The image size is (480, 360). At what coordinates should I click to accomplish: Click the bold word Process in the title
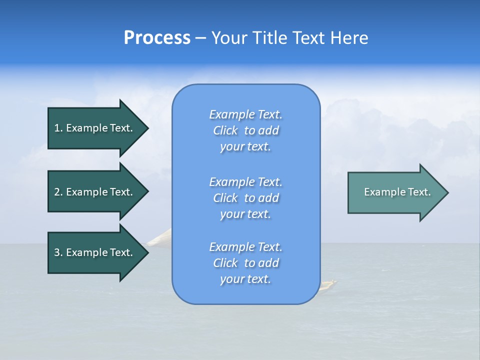tap(157, 38)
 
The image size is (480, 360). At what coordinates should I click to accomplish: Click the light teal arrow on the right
tap(395, 192)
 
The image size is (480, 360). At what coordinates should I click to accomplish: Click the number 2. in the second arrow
tap(58, 192)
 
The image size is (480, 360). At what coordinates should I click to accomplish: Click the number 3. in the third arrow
tap(58, 252)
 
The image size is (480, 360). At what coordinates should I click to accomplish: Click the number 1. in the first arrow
tap(58, 128)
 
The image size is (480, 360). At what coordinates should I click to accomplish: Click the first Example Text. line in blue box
tap(245, 114)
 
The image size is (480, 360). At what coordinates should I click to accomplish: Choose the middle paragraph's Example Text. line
tap(245, 181)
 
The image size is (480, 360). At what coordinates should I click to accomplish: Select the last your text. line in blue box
tap(245, 279)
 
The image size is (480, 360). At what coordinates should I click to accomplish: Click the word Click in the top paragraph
tap(225, 130)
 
